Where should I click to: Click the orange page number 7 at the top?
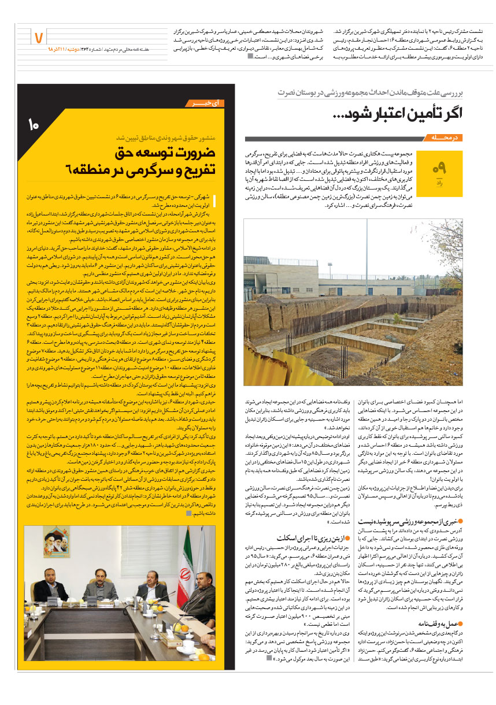tap(39, 38)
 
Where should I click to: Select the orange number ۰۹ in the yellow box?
tap(440, 168)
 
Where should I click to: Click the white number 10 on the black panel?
tap(32, 124)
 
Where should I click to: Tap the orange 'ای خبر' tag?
tap(208, 103)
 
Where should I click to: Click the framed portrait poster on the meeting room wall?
tap(57, 541)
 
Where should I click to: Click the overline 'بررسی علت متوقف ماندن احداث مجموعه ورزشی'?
tap(376, 92)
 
